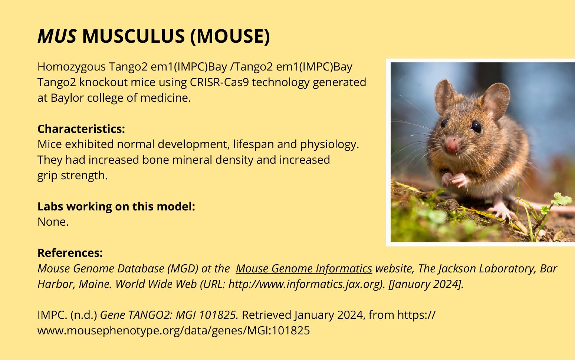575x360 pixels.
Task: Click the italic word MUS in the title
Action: (57, 36)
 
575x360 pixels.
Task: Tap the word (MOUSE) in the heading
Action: (230, 36)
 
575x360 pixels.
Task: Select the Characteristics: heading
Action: (81, 129)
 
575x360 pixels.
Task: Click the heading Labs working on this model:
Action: (116, 207)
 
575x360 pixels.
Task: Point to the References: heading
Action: (70, 253)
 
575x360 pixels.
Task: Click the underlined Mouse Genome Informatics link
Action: (304, 269)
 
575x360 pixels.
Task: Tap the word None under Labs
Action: (53, 222)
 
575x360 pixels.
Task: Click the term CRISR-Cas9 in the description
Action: (219, 82)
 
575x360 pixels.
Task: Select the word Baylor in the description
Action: (67, 98)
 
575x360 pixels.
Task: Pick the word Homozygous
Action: (72, 67)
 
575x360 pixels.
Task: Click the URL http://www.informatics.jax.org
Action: (305, 284)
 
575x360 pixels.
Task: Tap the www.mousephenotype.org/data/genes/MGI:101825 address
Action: (174, 330)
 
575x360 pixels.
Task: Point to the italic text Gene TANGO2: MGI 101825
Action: (169, 315)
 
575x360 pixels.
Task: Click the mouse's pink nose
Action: (451, 145)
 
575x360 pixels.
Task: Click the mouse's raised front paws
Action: (456, 179)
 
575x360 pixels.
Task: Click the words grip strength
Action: (72, 176)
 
